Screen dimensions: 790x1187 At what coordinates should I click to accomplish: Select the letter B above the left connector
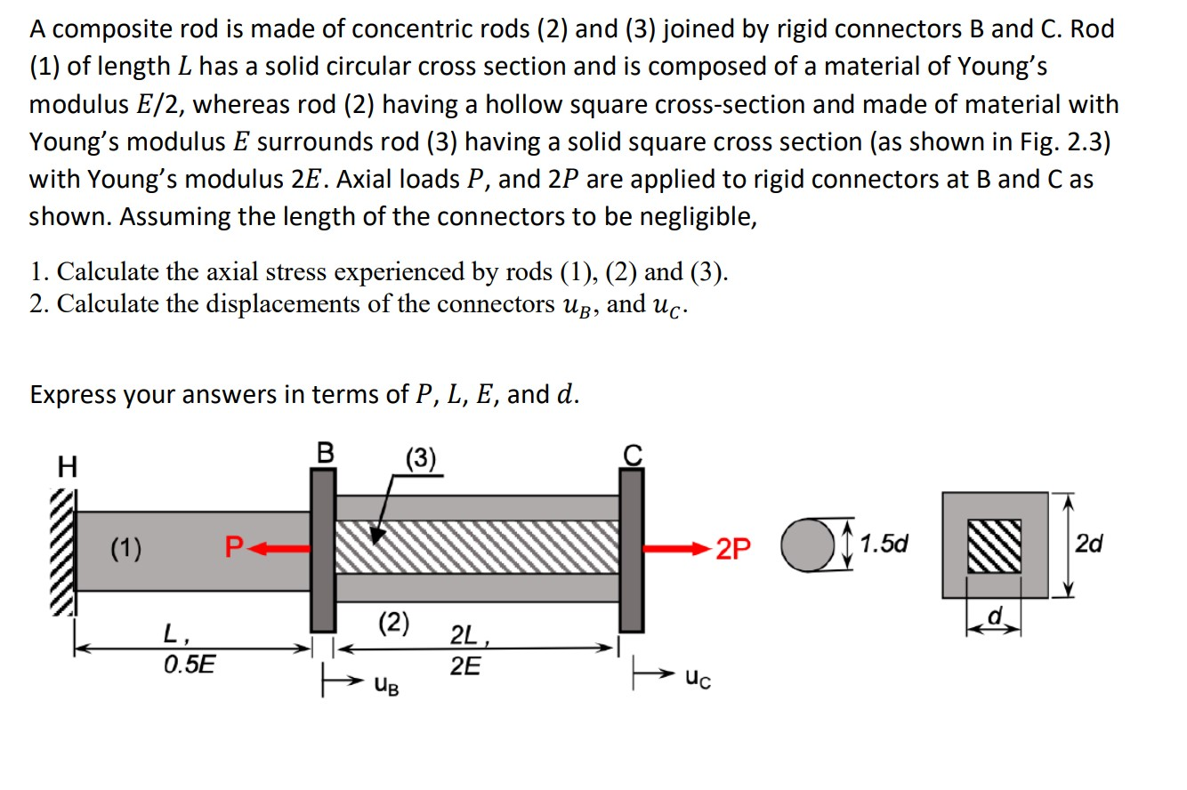point(326,453)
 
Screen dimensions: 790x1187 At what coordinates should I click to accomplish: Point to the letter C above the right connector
point(632,455)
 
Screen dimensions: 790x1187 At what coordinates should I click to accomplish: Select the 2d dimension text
point(1089,544)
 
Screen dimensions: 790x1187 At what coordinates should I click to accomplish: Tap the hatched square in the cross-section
point(996,545)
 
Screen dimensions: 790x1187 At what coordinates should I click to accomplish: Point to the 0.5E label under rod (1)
point(190,665)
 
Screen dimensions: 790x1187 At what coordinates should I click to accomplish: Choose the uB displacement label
point(386,686)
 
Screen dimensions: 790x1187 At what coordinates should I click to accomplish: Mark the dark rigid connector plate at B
point(323,550)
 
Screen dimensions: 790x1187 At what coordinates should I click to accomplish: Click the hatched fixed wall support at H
point(64,552)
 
